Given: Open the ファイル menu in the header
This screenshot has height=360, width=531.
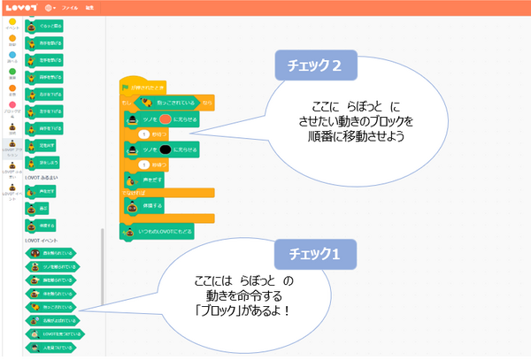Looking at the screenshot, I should pyautogui.click(x=71, y=6).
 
